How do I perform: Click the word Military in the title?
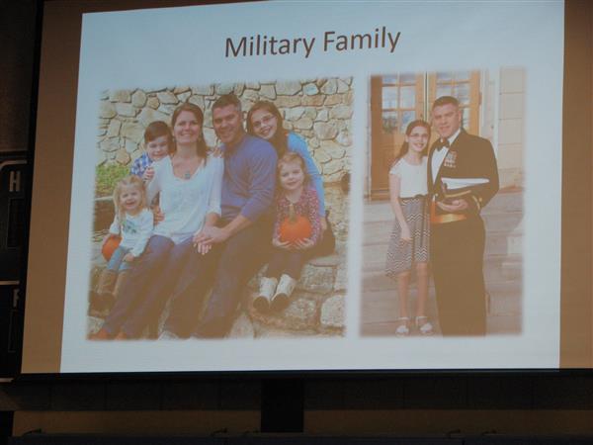[x=270, y=45]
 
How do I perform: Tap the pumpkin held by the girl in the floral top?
[x=295, y=229]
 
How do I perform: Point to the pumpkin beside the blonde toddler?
[x=111, y=247]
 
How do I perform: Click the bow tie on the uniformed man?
[x=442, y=144]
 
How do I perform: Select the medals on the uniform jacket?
[x=450, y=159]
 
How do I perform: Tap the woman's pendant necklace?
[x=187, y=175]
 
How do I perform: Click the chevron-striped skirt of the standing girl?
[x=407, y=235]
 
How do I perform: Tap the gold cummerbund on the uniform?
[x=449, y=218]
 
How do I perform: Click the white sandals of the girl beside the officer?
[x=414, y=325]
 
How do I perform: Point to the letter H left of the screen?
[x=15, y=183]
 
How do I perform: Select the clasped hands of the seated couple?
[x=205, y=240]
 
